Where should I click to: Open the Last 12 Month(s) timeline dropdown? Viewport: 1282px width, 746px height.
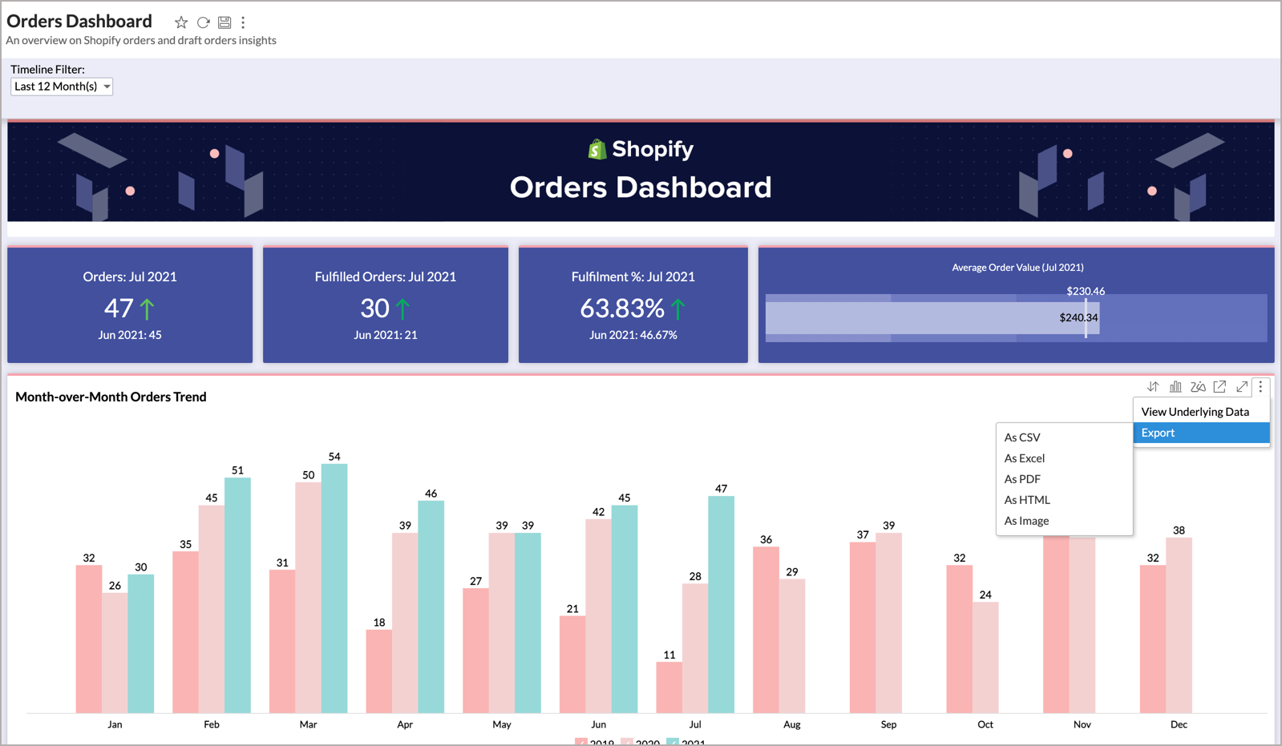coord(62,87)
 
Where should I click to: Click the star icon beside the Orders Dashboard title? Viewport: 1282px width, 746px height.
coord(181,22)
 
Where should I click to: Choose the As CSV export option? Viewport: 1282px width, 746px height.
coord(1022,438)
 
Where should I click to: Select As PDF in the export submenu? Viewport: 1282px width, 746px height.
coord(1022,479)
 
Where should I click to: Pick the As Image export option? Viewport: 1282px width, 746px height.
coord(1026,521)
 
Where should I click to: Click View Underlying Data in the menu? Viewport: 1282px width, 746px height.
coord(1195,412)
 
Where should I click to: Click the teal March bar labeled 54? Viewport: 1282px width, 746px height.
coord(334,588)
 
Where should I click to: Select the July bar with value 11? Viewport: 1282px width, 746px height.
coord(669,687)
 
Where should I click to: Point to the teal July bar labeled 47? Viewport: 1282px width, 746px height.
coord(721,604)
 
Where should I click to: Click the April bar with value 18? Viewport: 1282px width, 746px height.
coord(378,671)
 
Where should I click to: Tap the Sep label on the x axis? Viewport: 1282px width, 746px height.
coord(888,724)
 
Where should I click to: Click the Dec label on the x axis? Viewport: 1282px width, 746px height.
coord(1179,724)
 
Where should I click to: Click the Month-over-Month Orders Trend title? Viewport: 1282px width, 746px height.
coord(111,397)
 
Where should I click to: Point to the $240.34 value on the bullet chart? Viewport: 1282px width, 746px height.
coord(1078,318)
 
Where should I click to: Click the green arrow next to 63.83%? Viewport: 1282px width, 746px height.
coord(678,308)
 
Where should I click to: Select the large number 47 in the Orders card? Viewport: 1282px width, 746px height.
coord(119,308)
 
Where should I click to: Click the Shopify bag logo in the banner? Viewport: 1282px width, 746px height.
coord(597,149)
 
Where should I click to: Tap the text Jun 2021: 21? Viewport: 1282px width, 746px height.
coord(385,335)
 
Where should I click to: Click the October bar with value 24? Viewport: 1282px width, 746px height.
coord(985,657)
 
